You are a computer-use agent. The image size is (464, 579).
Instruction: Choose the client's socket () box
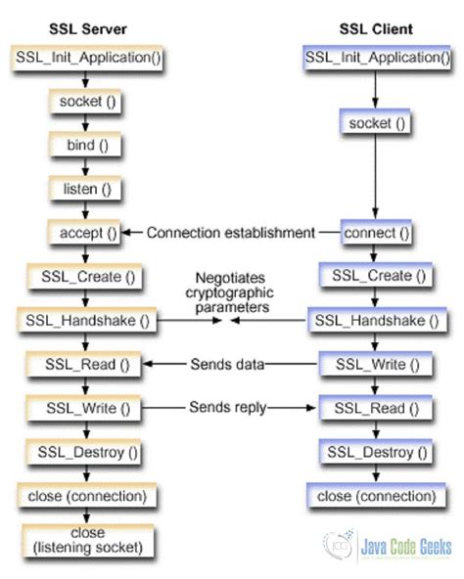click(x=373, y=124)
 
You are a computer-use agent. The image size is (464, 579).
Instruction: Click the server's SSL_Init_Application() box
click(x=85, y=56)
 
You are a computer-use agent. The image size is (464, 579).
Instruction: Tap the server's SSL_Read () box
click(x=85, y=365)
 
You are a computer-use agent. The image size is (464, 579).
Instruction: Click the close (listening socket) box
click(x=86, y=540)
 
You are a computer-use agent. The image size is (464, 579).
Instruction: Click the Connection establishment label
click(x=231, y=233)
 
